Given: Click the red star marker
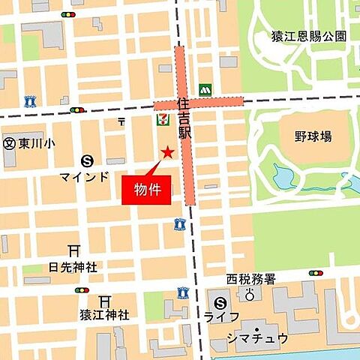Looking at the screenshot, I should (167, 152).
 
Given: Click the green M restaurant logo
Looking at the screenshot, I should (204, 89).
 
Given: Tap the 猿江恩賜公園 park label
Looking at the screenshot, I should (308, 35).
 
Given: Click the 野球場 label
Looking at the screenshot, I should (313, 136).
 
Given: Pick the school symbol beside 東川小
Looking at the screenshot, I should (9, 142).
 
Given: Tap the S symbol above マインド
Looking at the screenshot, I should (88, 160).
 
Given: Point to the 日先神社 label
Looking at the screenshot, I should (73, 266).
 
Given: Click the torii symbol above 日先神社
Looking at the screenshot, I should (73, 250).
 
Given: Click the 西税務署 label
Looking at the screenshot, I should (251, 279).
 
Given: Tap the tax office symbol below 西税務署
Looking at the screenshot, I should (250, 295).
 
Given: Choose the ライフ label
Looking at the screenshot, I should (221, 318).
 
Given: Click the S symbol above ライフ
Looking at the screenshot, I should (220, 303).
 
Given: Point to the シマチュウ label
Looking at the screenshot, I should (257, 337).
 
